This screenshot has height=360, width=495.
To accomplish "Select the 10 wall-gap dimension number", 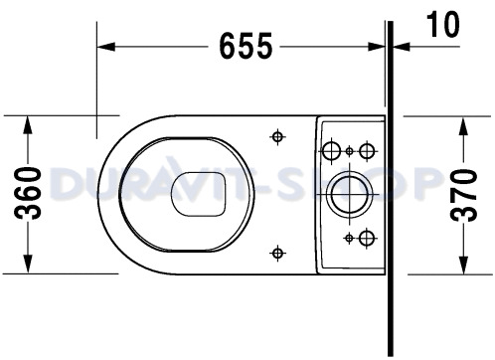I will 443,24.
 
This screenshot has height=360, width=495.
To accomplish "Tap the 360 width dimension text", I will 29,193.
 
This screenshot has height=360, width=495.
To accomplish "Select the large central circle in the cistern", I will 350,193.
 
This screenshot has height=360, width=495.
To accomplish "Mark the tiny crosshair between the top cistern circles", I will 350,150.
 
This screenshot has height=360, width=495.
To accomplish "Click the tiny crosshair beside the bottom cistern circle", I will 350,237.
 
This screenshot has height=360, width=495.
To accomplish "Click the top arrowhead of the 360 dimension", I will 29,122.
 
